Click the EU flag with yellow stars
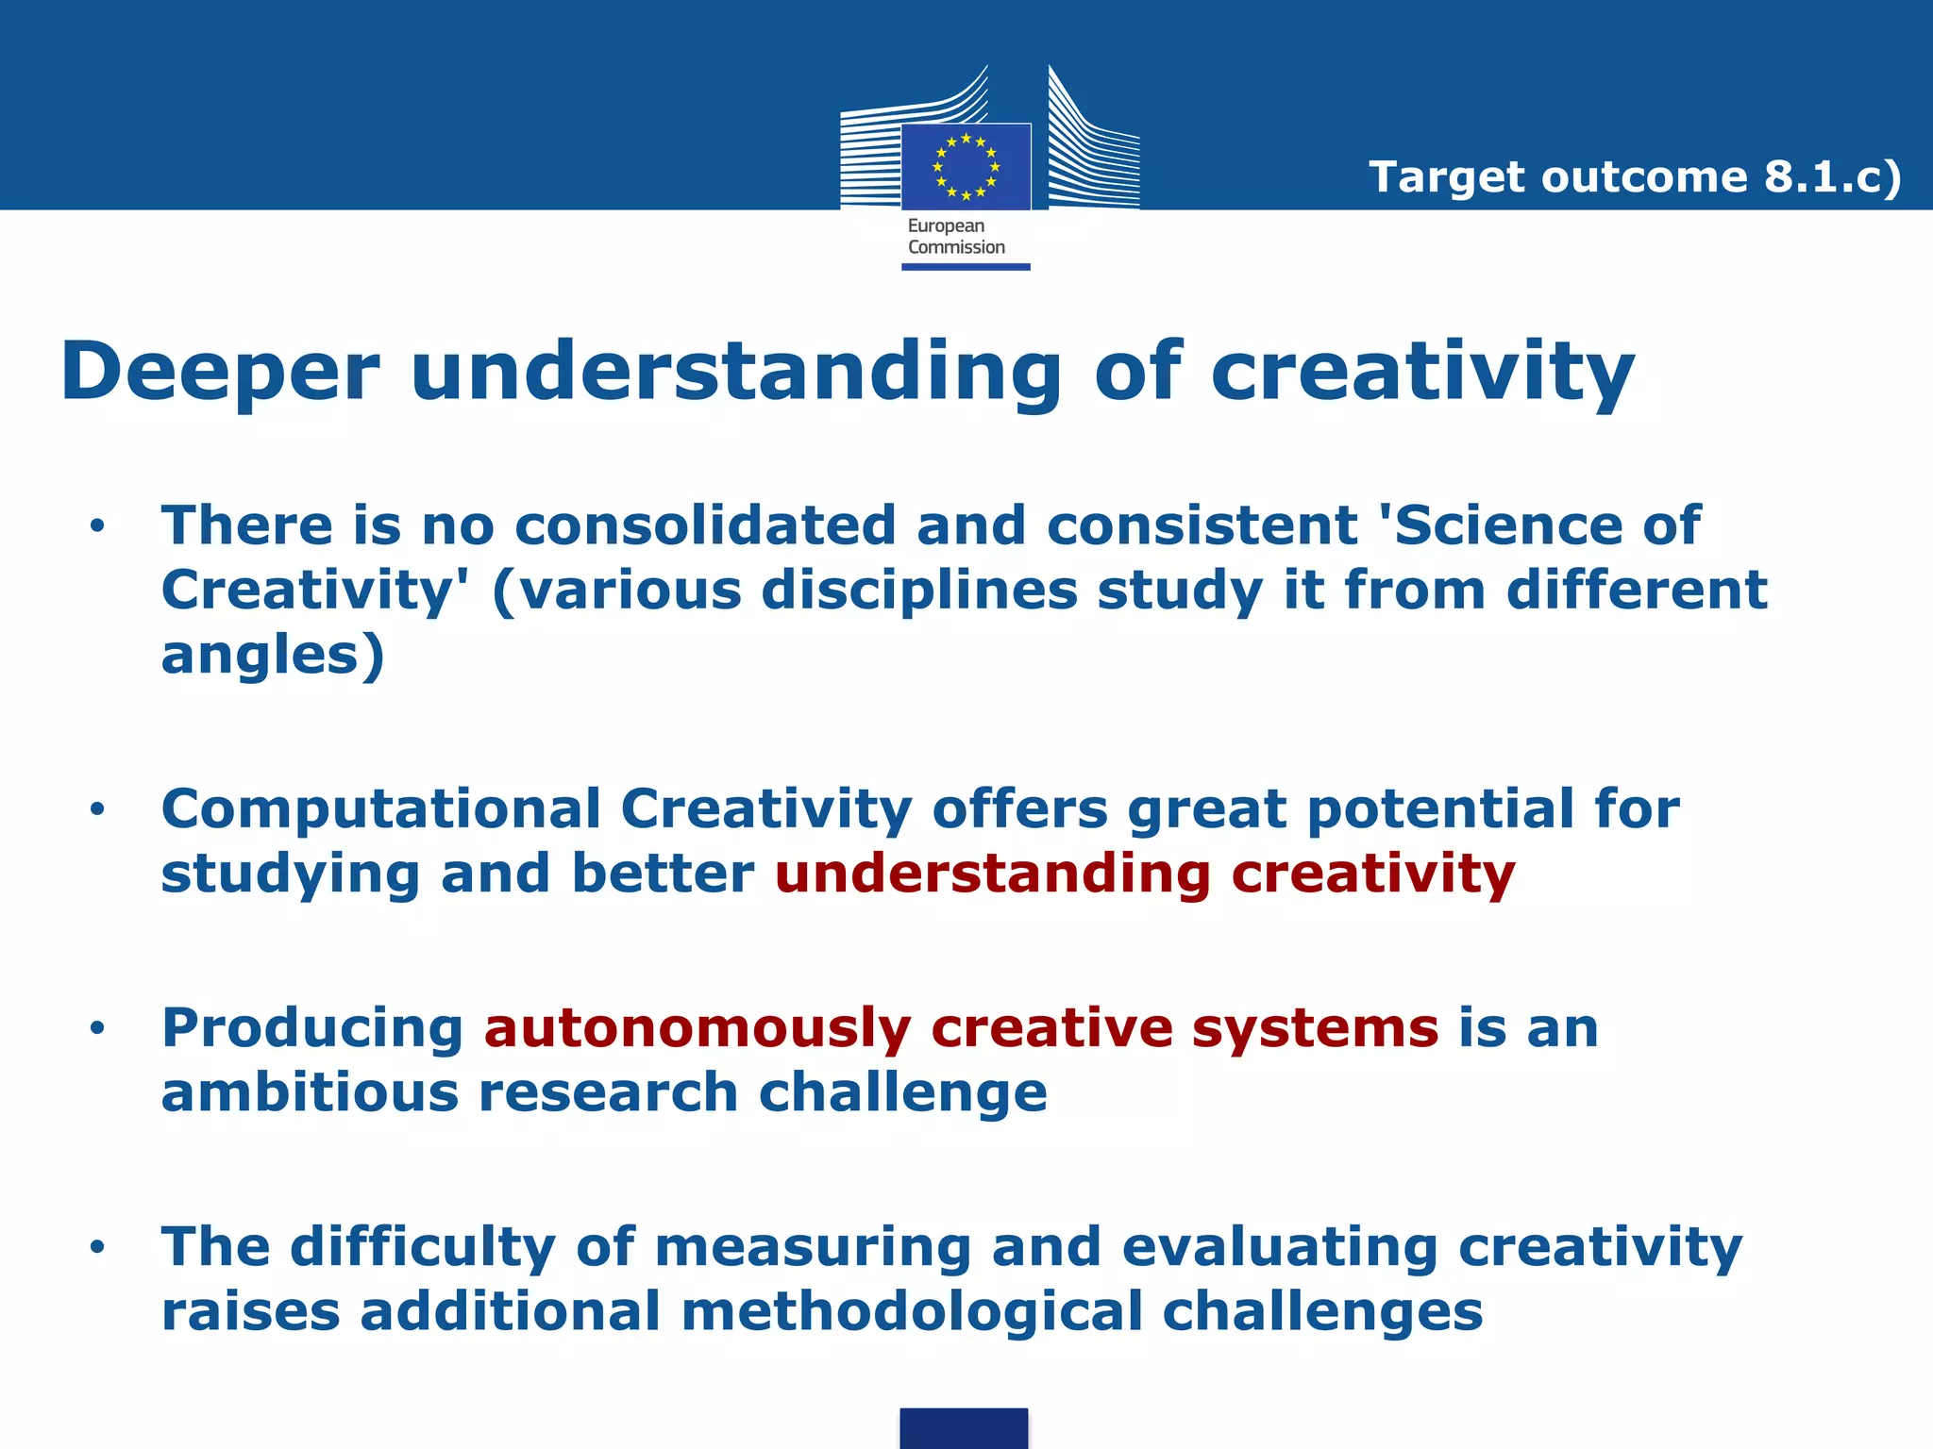point(966,167)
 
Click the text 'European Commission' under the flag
point(955,237)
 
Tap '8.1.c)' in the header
point(1832,177)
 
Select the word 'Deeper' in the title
point(220,372)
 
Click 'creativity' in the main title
point(1421,372)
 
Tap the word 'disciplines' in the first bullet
point(918,591)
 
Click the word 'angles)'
point(273,656)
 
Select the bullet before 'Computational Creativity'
point(97,809)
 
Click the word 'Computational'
point(380,809)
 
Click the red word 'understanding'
point(992,874)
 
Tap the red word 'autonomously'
point(698,1028)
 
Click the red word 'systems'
point(1315,1028)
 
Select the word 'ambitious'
point(309,1092)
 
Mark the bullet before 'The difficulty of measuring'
point(97,1248)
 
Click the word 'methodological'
point(911,1312)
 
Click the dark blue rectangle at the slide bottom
point(964,1428)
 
